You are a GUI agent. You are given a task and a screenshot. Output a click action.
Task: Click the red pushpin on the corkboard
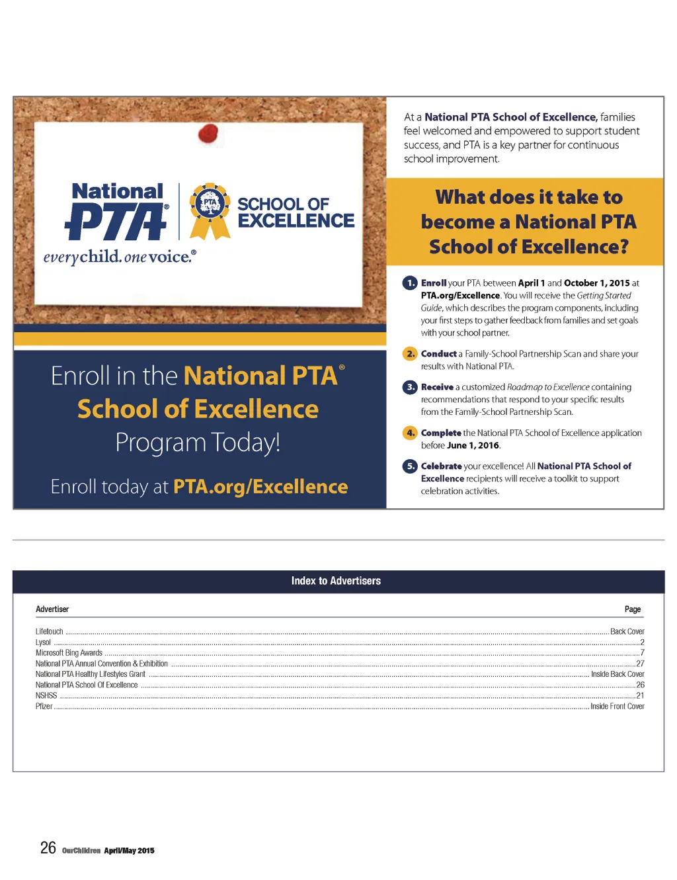point(208,133)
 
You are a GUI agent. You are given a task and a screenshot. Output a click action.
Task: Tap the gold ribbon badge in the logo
point(210,208)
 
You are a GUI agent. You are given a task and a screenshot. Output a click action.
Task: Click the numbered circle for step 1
point(410,283)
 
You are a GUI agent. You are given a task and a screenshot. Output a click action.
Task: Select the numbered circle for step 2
point(410,354)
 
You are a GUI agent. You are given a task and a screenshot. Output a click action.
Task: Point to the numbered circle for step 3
point(410,387)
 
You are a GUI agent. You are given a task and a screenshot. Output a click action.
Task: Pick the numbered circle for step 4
point(410,433)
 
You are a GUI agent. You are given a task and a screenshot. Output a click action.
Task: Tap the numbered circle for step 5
point(410,466)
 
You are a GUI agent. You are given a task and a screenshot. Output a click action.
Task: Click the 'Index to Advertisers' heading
point(336,581)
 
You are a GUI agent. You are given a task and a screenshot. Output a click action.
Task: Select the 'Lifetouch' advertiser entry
point(50,632)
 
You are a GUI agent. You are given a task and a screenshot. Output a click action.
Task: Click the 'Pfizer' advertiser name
point(44,707)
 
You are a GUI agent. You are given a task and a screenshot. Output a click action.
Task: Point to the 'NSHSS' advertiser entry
point(46,696)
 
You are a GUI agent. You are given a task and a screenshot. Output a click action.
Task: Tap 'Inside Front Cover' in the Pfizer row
point(617,707)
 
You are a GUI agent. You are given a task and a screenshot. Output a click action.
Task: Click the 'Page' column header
point(632,609)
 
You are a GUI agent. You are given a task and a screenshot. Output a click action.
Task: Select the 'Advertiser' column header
point(52,609)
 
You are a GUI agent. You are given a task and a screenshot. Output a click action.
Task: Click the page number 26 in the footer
point(48,848)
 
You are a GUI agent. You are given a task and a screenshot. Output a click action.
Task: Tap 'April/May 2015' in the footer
point(129,851)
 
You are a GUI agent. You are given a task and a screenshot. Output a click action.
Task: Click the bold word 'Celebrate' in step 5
point(441,466)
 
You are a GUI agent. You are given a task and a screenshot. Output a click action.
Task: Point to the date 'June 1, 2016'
point(473,445)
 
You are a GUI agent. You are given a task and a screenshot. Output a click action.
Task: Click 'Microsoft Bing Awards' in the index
point(69,653)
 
